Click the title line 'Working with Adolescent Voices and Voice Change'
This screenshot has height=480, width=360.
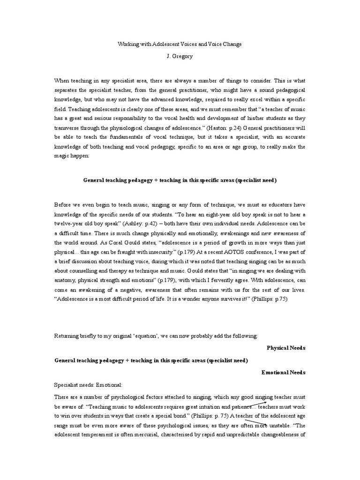coord(180,44)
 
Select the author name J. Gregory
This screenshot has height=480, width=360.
coord(180,56)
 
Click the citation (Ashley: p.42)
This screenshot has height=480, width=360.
coord(147,224)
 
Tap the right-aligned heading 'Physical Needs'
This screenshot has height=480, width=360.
coord(286,348)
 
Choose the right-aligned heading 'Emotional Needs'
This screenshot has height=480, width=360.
coord(283,372)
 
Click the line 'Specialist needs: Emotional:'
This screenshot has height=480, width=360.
coord(89,384)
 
